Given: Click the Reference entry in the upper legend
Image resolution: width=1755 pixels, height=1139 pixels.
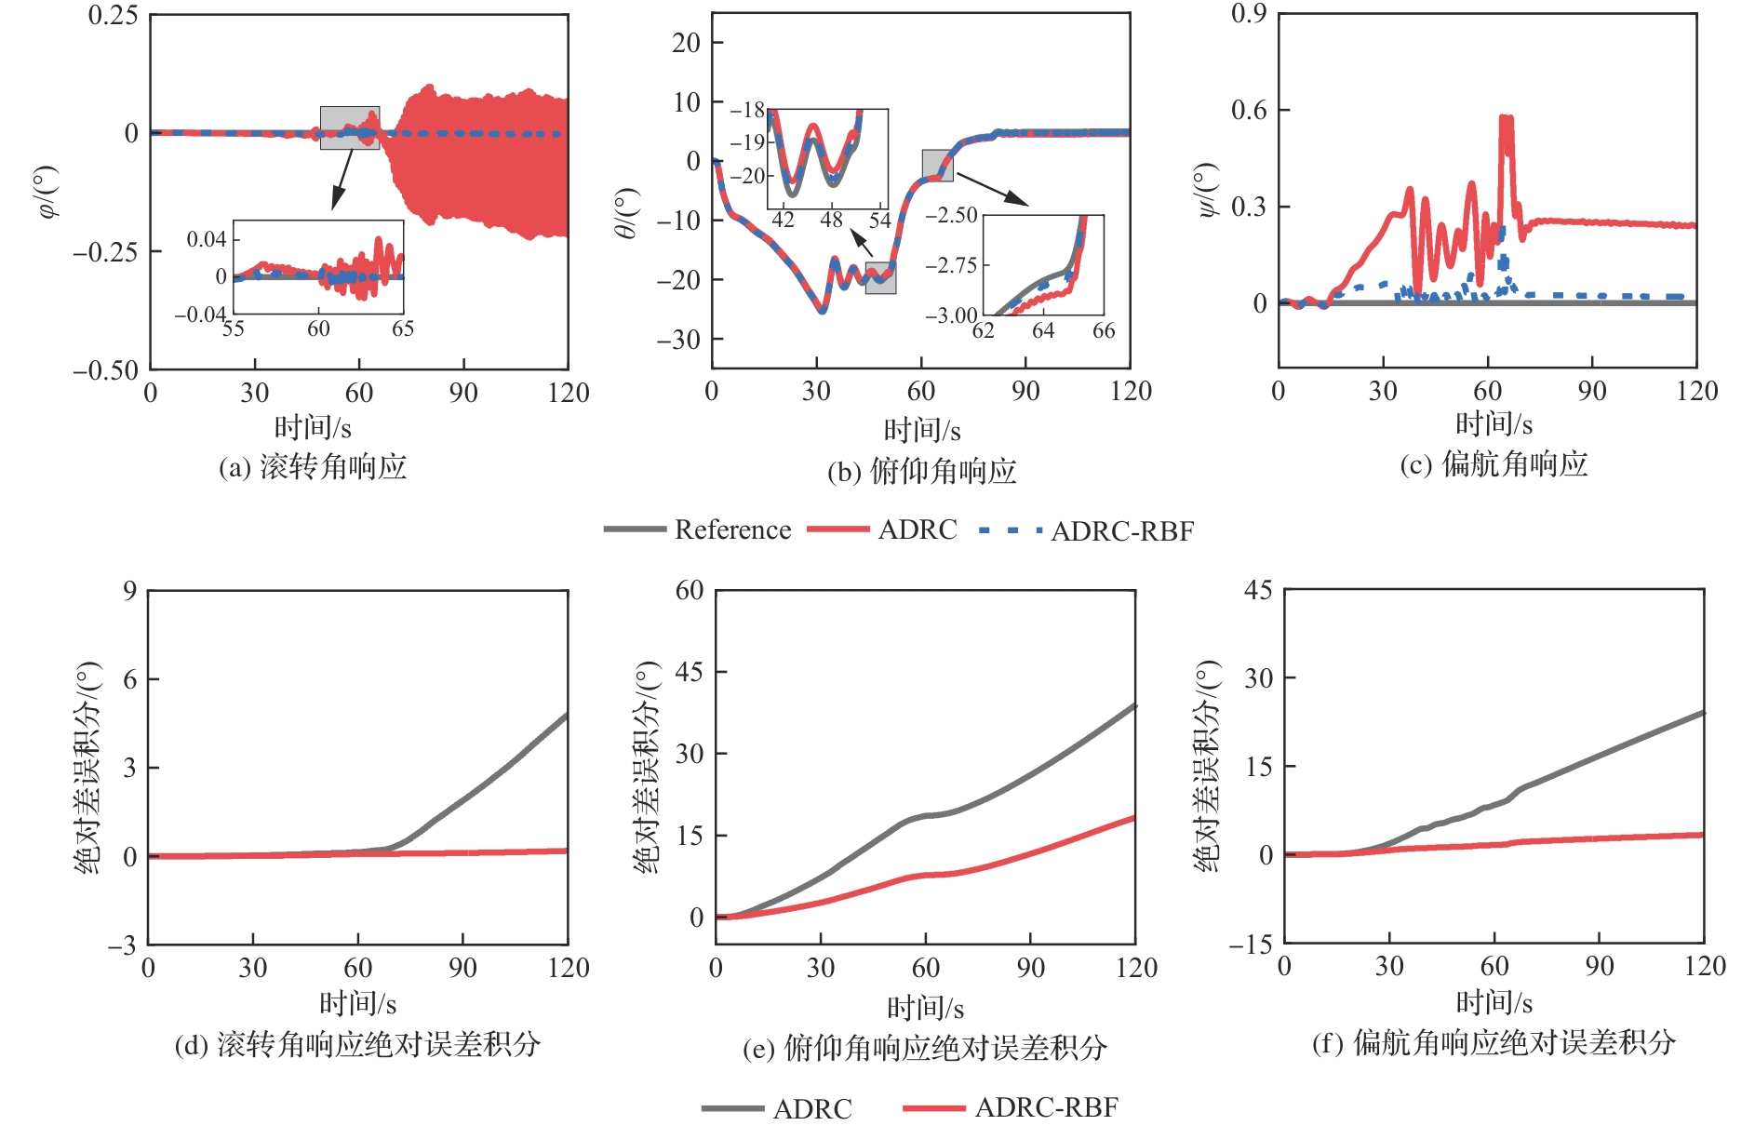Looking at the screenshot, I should (x=732, y=530).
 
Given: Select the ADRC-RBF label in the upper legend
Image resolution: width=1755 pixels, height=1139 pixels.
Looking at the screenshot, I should (x=1122, y=531).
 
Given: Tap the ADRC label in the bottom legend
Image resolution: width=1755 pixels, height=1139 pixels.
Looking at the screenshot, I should (x=812, y=1108).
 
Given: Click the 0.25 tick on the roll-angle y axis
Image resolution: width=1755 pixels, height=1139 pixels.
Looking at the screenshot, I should (x=113, y=16).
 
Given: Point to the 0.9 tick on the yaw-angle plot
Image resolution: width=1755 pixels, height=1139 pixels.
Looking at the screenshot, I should (x=1249, y=14).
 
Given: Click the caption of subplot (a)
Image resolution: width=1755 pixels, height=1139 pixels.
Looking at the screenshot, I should (x=313, y=466).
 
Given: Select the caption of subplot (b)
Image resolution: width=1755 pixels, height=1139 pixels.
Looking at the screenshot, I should (x=921, y=472).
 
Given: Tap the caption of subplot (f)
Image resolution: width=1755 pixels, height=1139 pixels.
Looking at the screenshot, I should (x=1494, y=1042).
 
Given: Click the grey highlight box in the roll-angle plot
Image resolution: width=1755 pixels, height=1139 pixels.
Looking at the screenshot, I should (x=349, y=127).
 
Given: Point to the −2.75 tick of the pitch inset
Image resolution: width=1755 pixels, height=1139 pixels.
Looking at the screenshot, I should (x=951, y=265).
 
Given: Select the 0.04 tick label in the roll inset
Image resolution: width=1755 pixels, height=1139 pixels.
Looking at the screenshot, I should (x=207, y=240).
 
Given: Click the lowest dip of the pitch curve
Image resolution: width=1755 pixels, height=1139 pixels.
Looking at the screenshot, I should (x=822, y=310).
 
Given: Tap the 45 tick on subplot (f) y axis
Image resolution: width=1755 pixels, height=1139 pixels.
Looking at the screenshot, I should (x=1258, y=590).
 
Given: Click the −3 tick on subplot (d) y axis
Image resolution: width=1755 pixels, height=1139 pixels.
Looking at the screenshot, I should (x=122, y=946).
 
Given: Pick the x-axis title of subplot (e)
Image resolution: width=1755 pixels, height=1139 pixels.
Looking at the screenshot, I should (x=925, y=1007).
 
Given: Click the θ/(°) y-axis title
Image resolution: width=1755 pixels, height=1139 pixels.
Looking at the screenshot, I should (x=627, y=214).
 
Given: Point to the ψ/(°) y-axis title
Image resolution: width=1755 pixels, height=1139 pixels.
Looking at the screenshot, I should (x=1207, y=191).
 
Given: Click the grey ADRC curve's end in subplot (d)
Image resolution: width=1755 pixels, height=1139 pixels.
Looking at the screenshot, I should (x=566, y=716).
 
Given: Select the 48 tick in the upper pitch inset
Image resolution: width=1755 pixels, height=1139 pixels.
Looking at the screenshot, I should (x=831, y=221).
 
